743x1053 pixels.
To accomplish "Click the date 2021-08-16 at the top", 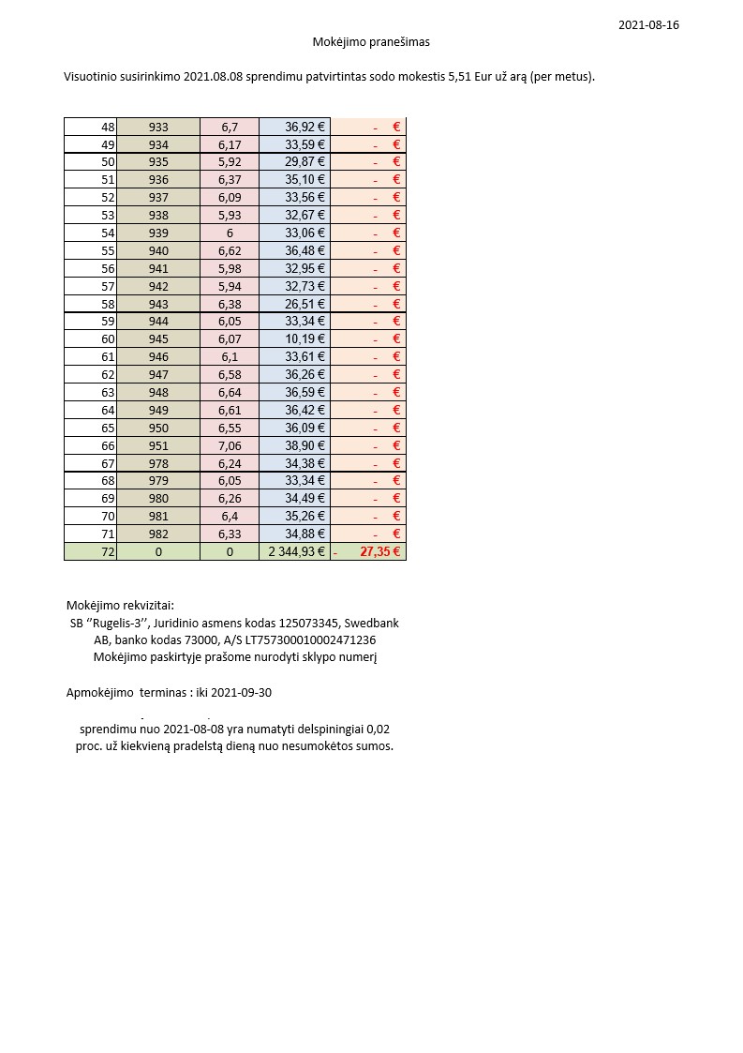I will tap(648, 25).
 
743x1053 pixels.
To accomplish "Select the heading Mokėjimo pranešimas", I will tap(371, 42).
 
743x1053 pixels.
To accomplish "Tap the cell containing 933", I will tap(158, 127).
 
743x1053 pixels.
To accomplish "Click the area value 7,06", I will tap(230, 445).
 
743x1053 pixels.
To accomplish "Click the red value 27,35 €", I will tap(379, 552).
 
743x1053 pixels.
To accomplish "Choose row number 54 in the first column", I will tap(108, 233).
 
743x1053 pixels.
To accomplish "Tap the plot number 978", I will tap(158, 463).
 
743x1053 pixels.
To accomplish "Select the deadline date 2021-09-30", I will tap(242, 693).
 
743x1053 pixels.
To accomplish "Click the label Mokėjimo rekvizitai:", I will tap(120, 605).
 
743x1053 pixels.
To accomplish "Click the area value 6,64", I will tap(230, 392).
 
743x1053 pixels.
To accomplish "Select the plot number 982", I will tap(158, 534).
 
